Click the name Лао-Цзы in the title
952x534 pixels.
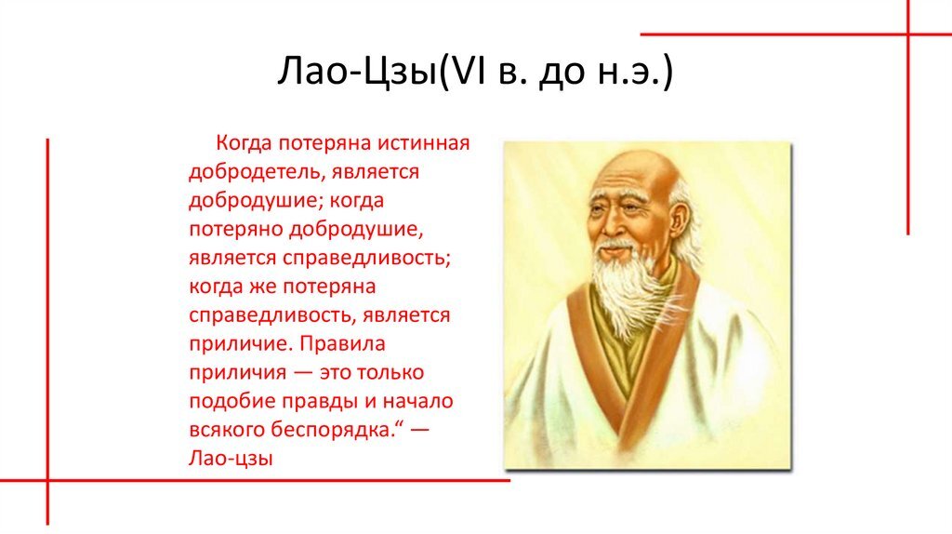[x=358, y=71]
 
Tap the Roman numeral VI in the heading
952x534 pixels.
[x=467, y=70]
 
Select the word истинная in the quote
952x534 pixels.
[x=424, y=143]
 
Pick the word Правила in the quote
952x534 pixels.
[x=342, y=344]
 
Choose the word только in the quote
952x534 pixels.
[x=390, y=372]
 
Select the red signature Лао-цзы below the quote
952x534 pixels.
[x=231, y=459]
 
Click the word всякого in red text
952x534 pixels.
[x=227, y=430]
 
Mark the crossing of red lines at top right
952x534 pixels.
[x=908, y=34]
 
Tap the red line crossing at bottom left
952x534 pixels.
[x=47, y=481]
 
